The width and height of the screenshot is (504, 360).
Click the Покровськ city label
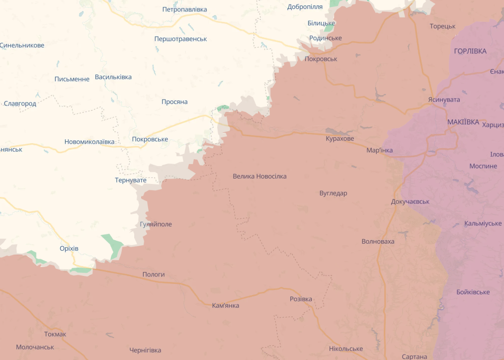tap(321, 59)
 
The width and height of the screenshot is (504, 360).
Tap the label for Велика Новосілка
tap(259, 176)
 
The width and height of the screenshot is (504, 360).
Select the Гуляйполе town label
tap(156, 224)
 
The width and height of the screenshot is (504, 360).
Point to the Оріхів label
tap(69, 248)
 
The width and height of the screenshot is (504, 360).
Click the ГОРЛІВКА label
tap(470, 51)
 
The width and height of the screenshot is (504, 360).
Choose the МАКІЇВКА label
tap(463, 122)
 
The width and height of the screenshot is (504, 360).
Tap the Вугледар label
tap(333, 193)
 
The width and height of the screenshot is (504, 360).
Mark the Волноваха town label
tap(378, 241)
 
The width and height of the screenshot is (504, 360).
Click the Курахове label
tap(340, 138)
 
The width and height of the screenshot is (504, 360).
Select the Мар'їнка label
tap(379, 150)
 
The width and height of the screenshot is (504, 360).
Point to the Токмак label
tap(55, 334)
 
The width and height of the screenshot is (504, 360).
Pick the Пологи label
tap(153, 274)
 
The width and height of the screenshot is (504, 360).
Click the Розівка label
tap(301, 299)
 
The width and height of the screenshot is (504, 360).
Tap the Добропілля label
tap(305, 6)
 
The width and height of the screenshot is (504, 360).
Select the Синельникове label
tap(22, 45)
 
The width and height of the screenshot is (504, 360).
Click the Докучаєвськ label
tap(410, 201)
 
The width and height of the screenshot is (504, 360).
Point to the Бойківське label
tap(473, 292)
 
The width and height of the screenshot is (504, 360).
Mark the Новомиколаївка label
tap(89, 142)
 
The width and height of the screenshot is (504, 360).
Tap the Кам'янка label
tap(225, 305)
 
